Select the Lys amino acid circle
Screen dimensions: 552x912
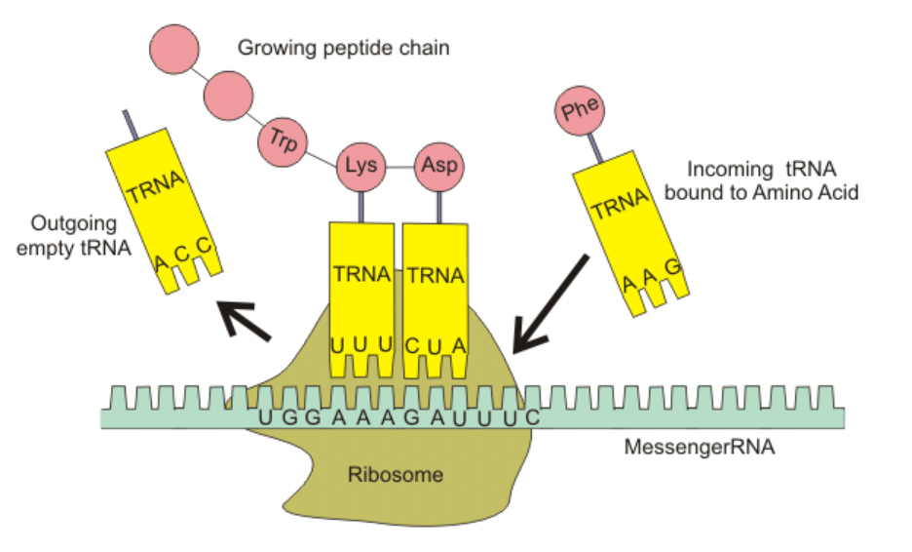361,166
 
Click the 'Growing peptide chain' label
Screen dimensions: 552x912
344,46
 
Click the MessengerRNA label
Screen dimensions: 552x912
700,450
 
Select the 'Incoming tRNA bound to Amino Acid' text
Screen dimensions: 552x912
761,180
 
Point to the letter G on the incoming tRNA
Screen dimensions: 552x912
671,266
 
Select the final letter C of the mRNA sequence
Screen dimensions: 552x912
531,417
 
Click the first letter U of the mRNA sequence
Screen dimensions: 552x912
264,417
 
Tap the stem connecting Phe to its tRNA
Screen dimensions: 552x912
593,147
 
